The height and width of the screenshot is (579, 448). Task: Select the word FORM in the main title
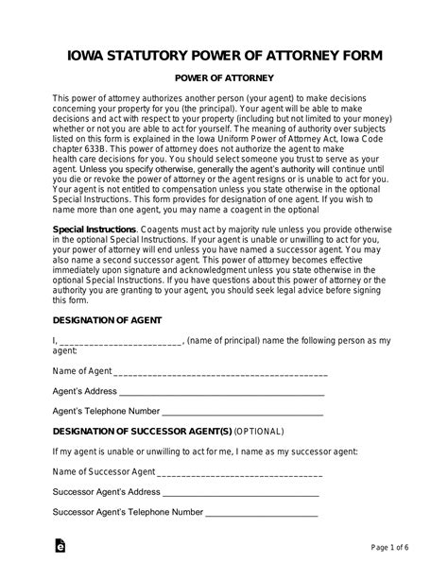pos(358,56)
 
